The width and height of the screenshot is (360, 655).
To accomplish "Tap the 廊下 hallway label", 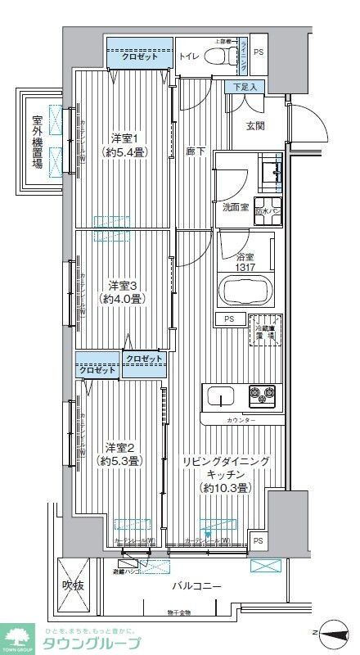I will [x=196, y=151].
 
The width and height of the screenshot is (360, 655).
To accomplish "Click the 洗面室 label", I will [x=234, y=207].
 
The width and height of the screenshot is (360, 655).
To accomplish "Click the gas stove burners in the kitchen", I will [x=267, y=396].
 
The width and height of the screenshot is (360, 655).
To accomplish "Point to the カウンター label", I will [x=241, y=420].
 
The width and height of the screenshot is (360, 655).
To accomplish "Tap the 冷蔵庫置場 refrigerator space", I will [x=265, y=330].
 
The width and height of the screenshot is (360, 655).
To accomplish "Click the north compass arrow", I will [x=334, y=632].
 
